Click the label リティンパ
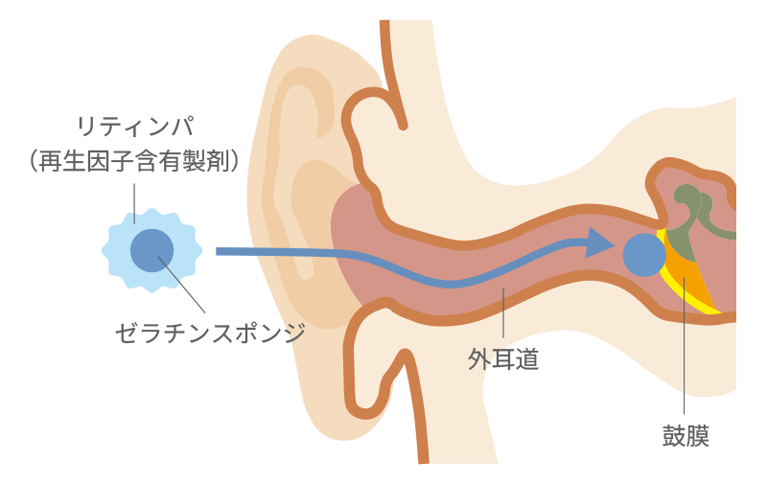134,125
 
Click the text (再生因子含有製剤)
134,160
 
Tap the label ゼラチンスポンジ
209,334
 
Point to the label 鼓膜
686,435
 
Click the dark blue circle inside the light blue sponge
152,250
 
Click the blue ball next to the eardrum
642,255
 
